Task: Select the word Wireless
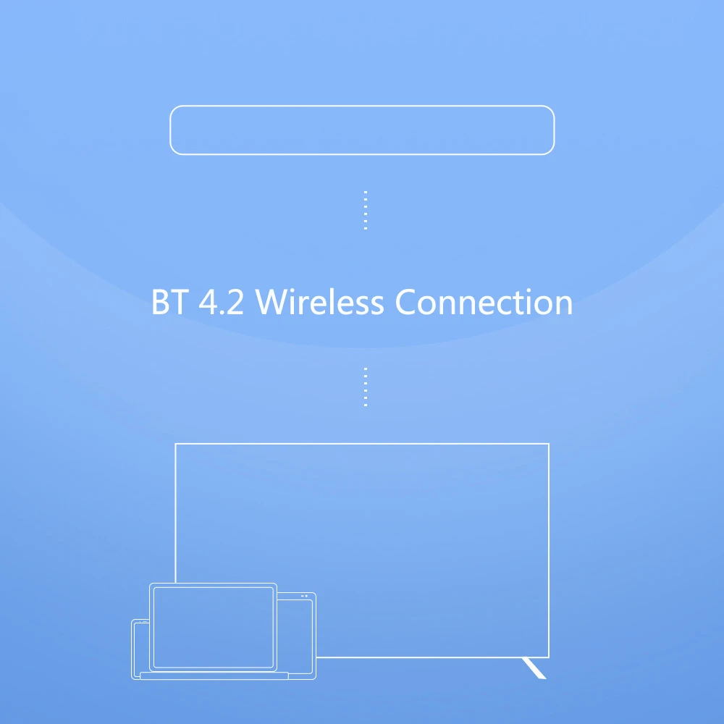coord(319,302)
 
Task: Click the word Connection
coord(484,302)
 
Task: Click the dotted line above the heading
coord(366,211)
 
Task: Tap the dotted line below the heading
coord(366,387)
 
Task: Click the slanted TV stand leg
coord(534,668)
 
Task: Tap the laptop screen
coord(213,627)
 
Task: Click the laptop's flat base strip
coord(214,676)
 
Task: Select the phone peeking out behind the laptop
coord(140,648)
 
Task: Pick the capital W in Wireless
coord(271,302)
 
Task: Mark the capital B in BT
coord(160,302)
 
